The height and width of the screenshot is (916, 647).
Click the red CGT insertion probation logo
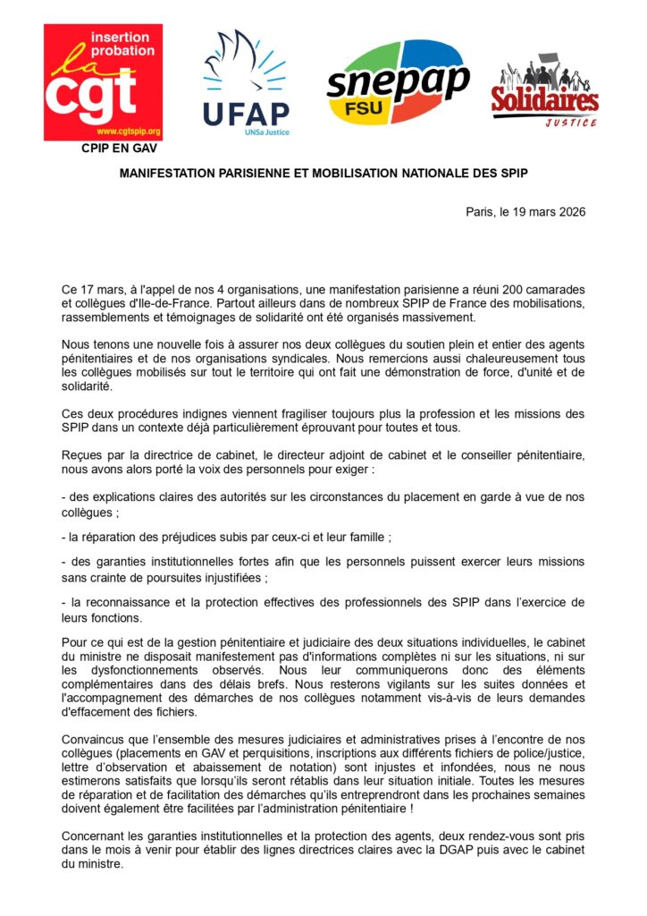pos(103,82)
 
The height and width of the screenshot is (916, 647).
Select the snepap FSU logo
pos(398,83)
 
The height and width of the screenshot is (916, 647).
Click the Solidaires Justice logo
pos(544,94)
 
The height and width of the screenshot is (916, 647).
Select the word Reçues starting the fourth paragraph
pos(82,454)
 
